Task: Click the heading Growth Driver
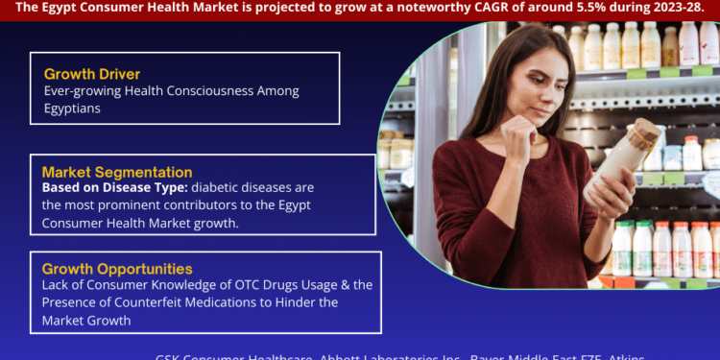coord(92,74)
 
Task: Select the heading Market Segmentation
coord(116,172)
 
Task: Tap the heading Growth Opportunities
coord(117,269)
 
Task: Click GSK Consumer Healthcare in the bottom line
coord(229,355)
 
